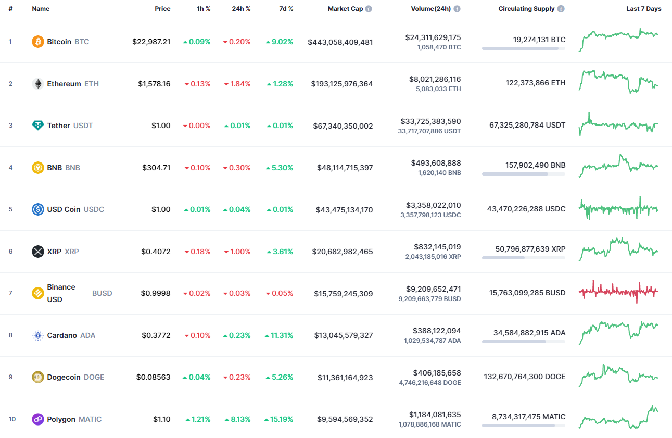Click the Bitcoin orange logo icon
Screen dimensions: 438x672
pos(38,42)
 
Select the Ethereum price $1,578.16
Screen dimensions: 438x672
pos(154,84)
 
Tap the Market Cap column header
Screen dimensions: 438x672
pos(345,9)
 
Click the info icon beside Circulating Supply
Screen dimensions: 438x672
pos(561,9)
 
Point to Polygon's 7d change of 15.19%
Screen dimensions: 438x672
pos(279,419)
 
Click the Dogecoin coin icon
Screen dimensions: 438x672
pos(38,377)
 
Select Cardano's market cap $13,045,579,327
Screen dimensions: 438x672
pos(344,335)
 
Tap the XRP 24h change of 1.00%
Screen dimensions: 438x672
pos(237,252)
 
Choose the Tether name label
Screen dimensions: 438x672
pos(58,126)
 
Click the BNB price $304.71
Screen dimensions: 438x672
pos(156,168)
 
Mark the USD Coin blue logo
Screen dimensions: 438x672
pos(38,209)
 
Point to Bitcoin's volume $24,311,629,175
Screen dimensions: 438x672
pos(433,37)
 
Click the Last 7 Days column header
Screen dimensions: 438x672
pos(643,9)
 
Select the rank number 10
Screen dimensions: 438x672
pos(12,419)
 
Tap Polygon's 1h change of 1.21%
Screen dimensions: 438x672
pos(198,419)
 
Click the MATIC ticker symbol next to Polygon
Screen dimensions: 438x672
pos(90,419)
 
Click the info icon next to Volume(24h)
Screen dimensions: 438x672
pos(457,9)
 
